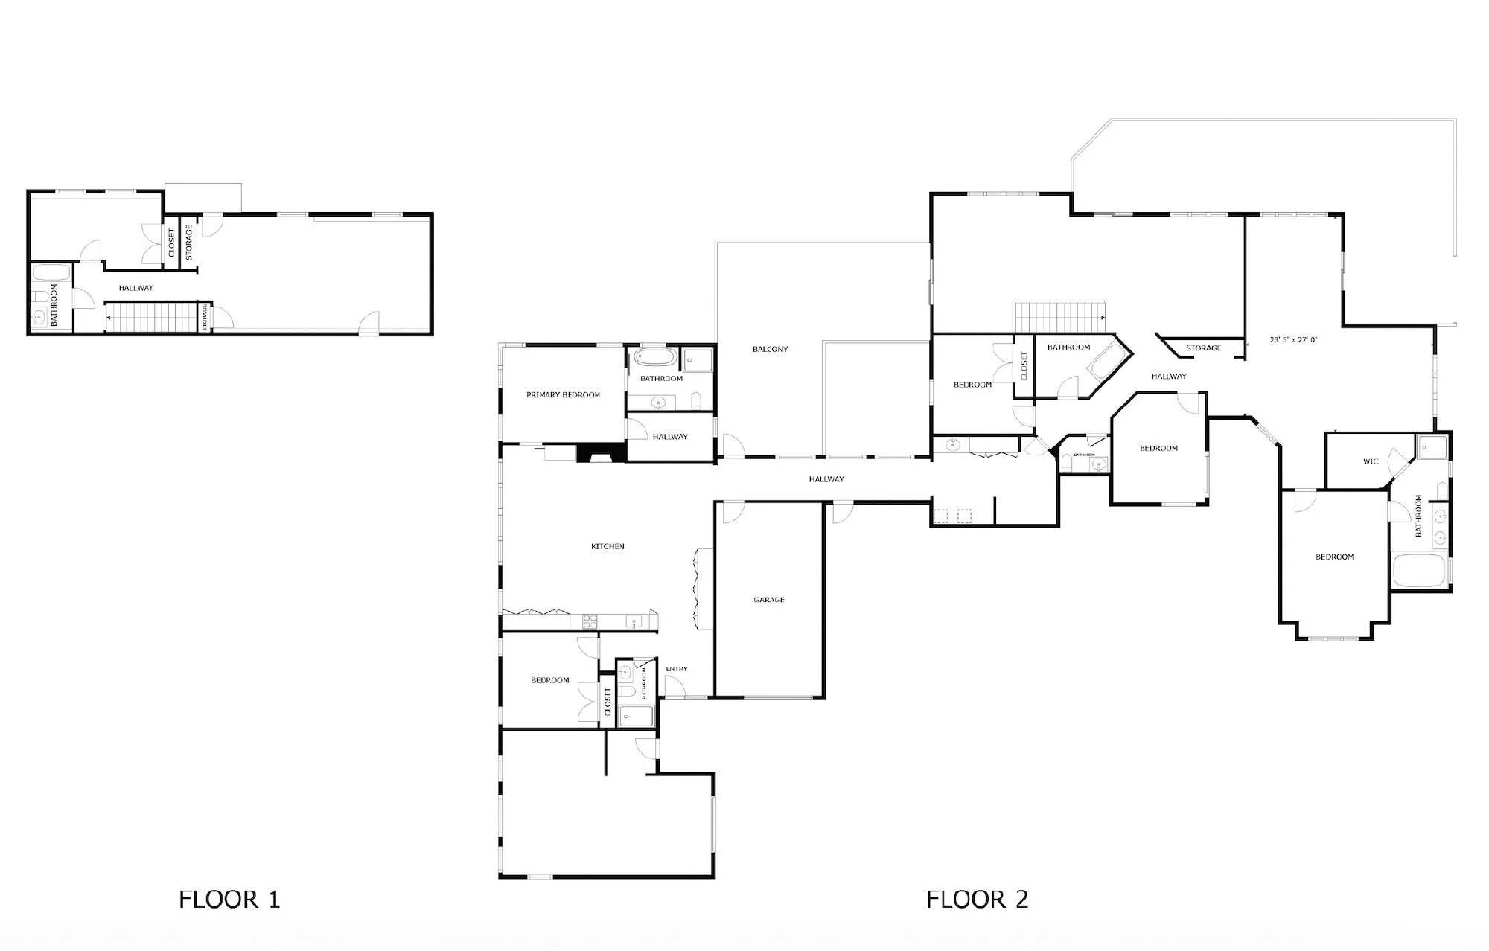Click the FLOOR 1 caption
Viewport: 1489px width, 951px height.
(x=229, y=899)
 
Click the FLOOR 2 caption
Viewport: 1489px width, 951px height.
(x=977, y=899)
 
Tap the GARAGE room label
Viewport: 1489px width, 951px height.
(x=768, y=600)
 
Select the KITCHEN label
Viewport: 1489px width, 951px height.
(x=608, y=547)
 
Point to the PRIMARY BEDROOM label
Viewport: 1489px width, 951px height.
(x=563, y=395)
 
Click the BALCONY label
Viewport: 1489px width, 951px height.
(x=770, y=349)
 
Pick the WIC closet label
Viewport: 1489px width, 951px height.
(x=1371, y=461)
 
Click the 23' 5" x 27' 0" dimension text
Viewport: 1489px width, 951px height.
(x=1293, y=339)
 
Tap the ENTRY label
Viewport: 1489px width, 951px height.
(x=676, y=669)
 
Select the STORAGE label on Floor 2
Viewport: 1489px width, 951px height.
(x=1203, y=348)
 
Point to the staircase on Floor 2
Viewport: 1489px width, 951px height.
(x=1059, y=317)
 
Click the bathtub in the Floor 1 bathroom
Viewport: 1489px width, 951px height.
(x=51, y=272)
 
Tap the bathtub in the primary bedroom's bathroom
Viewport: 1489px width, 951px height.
(x=654, y=358)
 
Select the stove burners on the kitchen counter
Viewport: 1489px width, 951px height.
(x=588, y=619)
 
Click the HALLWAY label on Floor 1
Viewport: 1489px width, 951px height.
(x=135, y=288)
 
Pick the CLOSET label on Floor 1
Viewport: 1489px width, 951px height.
(x=171, y=243)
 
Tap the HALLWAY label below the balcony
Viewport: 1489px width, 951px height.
(x=826, y=479)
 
